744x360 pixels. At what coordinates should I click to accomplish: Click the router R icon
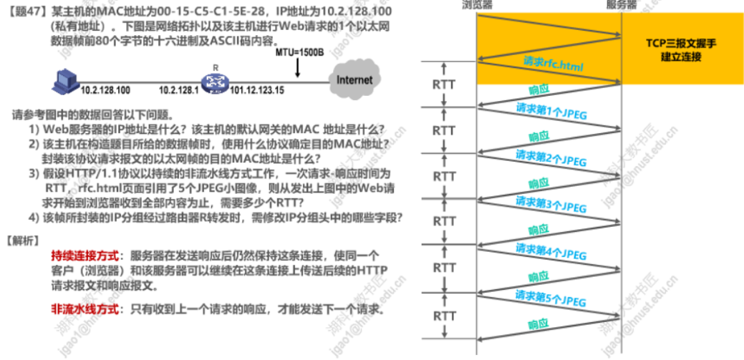click(213, 82)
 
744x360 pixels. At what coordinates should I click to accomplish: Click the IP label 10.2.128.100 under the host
click(105, 91)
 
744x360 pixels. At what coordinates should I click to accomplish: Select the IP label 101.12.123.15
click(257, 91)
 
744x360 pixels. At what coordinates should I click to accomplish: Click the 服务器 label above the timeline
click(621, 5)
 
